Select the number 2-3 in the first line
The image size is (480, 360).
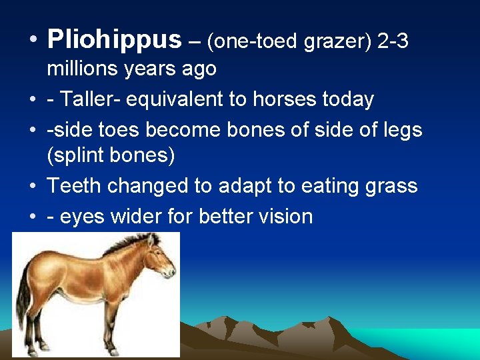click(393, 41)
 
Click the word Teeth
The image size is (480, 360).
click(75, 185)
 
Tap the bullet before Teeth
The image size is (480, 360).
click(33, 186)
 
